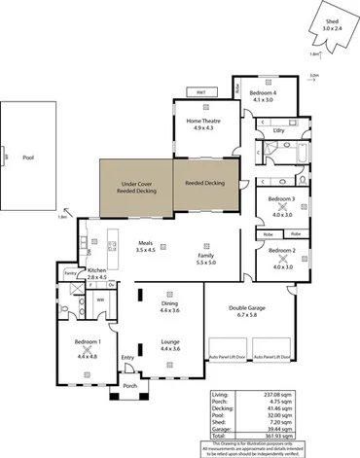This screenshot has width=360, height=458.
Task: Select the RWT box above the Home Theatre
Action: coord(201,92)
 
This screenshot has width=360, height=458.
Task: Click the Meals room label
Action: coord(146,243)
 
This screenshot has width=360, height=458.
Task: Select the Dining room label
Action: coord(169,303)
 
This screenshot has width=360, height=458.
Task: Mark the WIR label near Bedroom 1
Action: coord(101,300)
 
